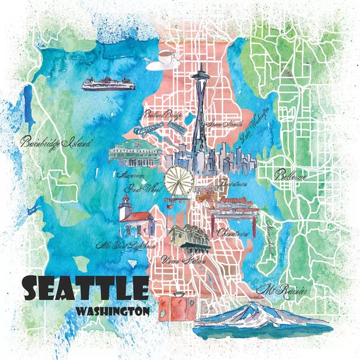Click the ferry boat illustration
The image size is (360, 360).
[109, 84]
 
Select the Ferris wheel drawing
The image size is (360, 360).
[178, 181]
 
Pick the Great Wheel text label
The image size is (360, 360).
[136, 188]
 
